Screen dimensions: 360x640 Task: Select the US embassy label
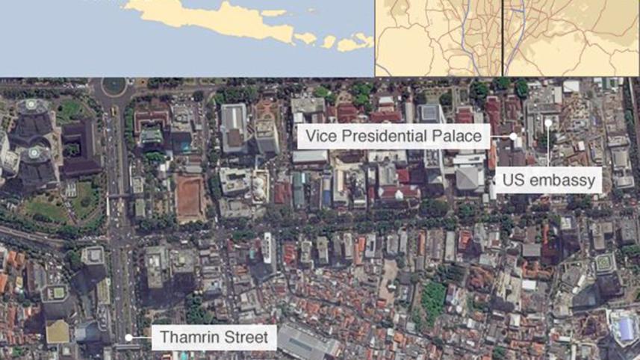click(x=547, y=180)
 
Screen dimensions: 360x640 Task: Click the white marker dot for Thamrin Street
click(x=128, y=338)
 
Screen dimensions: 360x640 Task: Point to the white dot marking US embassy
click(x=548, y=122)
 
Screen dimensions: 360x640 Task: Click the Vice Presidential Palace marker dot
click(x=514, y=137)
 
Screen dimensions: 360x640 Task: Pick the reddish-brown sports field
click(x=190, y=199)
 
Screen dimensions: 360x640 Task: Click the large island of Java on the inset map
click(x=217, y=22)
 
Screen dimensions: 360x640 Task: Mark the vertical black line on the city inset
click(x=503, y=37)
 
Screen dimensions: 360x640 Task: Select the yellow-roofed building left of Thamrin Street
click(x=58, y=332)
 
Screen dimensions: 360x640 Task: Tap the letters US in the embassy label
click(x=515, y=180)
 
